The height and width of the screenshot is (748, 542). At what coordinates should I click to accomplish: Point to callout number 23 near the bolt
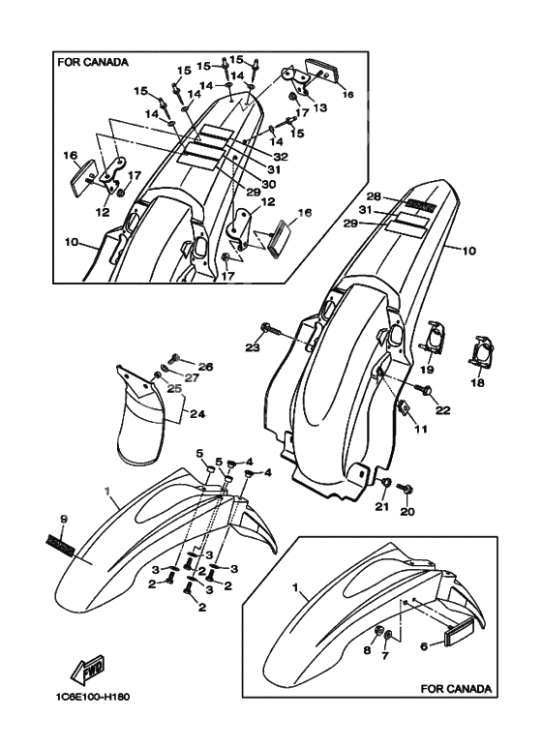point(253,345)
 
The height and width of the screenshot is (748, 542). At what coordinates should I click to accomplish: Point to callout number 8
point(367,650)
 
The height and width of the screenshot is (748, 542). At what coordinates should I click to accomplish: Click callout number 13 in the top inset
point(318,107)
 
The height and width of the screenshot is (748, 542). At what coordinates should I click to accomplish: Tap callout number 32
point(281,156)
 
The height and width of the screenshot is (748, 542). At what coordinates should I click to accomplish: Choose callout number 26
point(205,367)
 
